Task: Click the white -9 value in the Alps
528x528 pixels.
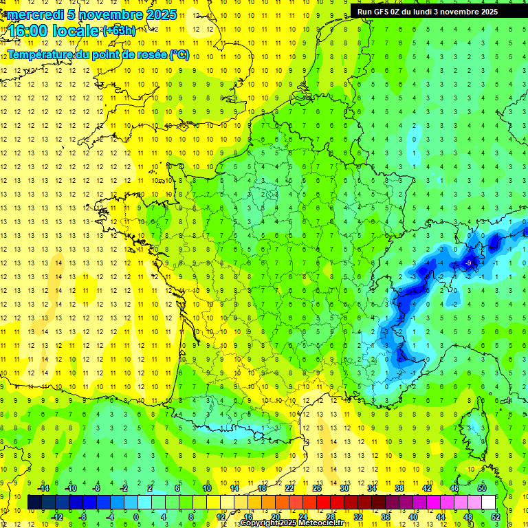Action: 469,263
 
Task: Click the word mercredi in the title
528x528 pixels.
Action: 32,14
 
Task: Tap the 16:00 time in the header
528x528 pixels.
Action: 27,31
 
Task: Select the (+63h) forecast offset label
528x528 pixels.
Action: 118,30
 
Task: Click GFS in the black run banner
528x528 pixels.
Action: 384,12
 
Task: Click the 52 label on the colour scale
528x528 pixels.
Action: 495,516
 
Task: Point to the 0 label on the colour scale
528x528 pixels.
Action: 135,516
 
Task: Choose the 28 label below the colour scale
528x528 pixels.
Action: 331,516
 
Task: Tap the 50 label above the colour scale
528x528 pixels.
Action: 481,488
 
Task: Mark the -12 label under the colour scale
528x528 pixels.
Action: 57,516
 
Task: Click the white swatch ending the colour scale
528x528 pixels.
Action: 488,503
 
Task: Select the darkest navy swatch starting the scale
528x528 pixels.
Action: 34,503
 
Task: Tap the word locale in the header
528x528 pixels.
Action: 76,31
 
